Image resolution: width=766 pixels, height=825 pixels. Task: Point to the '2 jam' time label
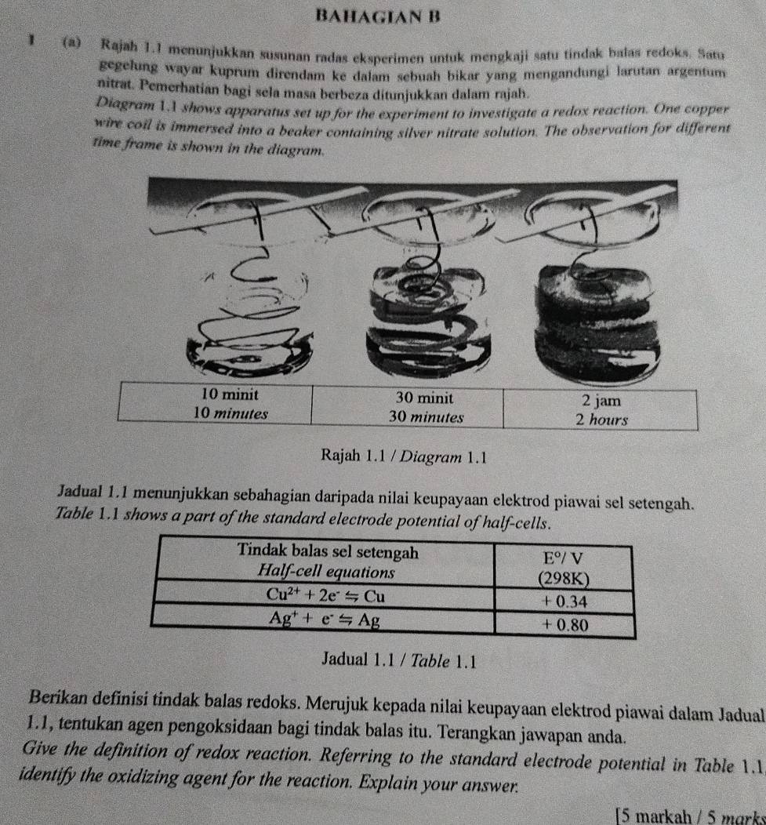(601, 402)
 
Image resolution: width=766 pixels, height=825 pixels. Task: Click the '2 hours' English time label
(601, 419)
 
